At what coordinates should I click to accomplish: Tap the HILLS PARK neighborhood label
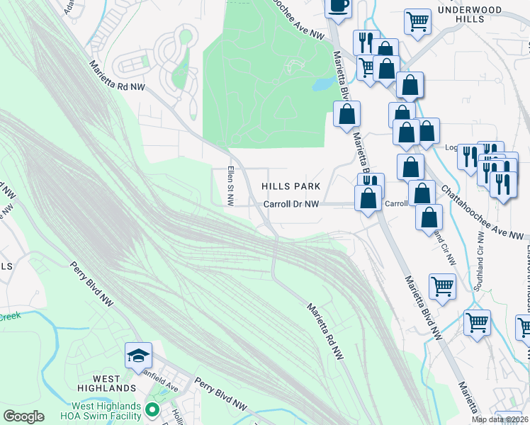(291, 186)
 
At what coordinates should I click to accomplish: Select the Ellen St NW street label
(230, 186)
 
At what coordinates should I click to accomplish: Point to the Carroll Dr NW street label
(291, 204)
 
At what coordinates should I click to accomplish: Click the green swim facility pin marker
(151, 409)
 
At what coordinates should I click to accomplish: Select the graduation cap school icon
(138, 355)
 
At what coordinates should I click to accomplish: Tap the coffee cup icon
(338, 6)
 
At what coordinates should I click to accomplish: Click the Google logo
(23, 416)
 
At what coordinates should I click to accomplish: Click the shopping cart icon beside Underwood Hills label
(418, 21)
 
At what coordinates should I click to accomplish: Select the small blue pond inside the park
(323, 84)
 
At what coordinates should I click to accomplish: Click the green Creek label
(10, 317)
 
